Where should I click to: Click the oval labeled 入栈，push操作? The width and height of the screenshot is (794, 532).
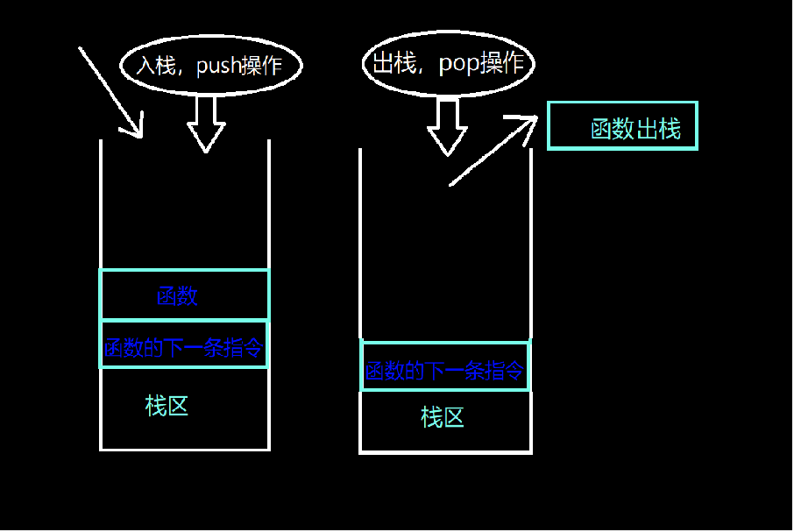point(210,66)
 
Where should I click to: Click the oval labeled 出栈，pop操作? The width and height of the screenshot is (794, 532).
point(448,63)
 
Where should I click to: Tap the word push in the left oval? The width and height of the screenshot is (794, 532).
point(218,67)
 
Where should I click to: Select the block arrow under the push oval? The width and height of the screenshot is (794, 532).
point(206,122)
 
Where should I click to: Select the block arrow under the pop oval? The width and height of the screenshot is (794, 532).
point(447,126)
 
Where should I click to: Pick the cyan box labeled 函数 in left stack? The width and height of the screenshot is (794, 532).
point(184,294)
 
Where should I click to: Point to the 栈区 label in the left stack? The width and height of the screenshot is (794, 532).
point(167,406)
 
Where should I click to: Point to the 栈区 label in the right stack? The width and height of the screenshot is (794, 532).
point(443,416)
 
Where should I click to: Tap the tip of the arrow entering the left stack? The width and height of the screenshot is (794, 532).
point(138,134)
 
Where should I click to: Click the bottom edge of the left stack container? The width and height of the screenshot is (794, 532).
point(184,449)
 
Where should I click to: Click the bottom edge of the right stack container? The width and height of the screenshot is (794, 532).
point(445,452)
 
